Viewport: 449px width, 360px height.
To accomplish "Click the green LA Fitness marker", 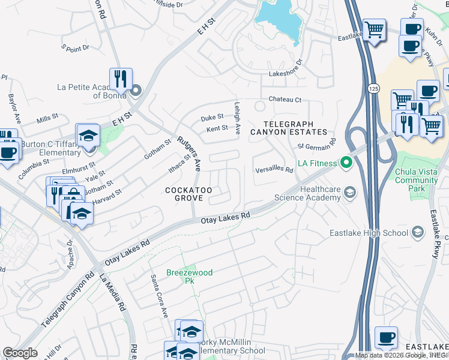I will [345, 163].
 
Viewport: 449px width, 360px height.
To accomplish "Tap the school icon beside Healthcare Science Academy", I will [349, 192].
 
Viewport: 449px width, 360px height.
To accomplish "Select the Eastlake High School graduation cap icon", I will [418, 232].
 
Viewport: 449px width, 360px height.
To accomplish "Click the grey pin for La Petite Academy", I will [136, 91].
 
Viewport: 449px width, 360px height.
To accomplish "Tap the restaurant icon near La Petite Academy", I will [121, 79].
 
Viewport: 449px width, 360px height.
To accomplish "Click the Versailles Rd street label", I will [274, 170].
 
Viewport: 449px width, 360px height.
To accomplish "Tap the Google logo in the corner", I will [20, 353].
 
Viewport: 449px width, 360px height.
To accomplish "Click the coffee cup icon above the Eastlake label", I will [386, 338].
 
